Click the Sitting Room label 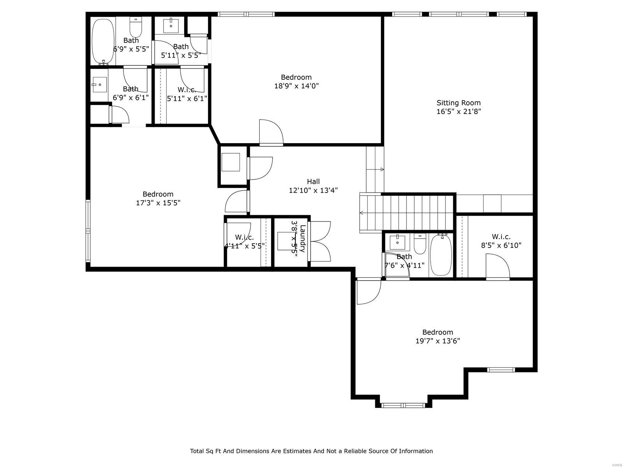click(x=458, y=103)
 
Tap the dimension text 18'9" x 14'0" click(x=296, y=86)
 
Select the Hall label click(x=313, y=181)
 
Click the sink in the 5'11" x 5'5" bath click(x=171, y=26)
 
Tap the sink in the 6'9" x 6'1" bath click(x=100, y=84)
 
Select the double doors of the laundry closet click(x=320, y=241)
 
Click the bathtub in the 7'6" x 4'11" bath click(x=441, y=255)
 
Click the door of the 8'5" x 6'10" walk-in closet click(x=498, y=267)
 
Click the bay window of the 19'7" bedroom click(x=403, y=405)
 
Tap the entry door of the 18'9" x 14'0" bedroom click(x=271, y=133)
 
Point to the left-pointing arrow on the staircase click(x=362, y=213)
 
